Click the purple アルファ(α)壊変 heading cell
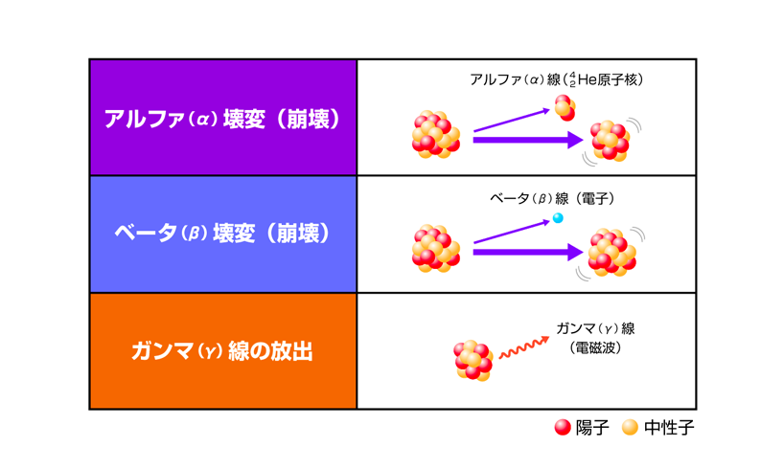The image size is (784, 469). (223, 118)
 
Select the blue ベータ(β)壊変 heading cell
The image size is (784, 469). (223, 234)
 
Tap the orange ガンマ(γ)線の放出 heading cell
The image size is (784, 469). (223, 351)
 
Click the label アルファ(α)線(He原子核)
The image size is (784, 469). (556, 79)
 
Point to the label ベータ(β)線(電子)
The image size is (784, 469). (552, 199)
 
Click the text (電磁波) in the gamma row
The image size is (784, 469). (595, 347)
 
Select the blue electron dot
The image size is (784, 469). (558, 218)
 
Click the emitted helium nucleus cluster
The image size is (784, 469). (565, 108)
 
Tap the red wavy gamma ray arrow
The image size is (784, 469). (524, 347)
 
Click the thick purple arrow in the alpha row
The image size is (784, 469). (528, 140)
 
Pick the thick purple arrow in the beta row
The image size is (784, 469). (528, 252)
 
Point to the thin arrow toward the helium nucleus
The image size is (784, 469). (512, 120)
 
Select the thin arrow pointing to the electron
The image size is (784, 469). (512, 232)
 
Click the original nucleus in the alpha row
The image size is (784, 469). (435, 134)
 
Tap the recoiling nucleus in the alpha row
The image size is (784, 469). (610, 141)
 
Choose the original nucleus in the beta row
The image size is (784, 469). (435, 248)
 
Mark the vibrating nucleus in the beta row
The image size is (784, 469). (611, 253)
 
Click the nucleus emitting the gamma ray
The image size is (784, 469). (473, 360)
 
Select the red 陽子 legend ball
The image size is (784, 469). (563, 428)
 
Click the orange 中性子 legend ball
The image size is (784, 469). (630, 428)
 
